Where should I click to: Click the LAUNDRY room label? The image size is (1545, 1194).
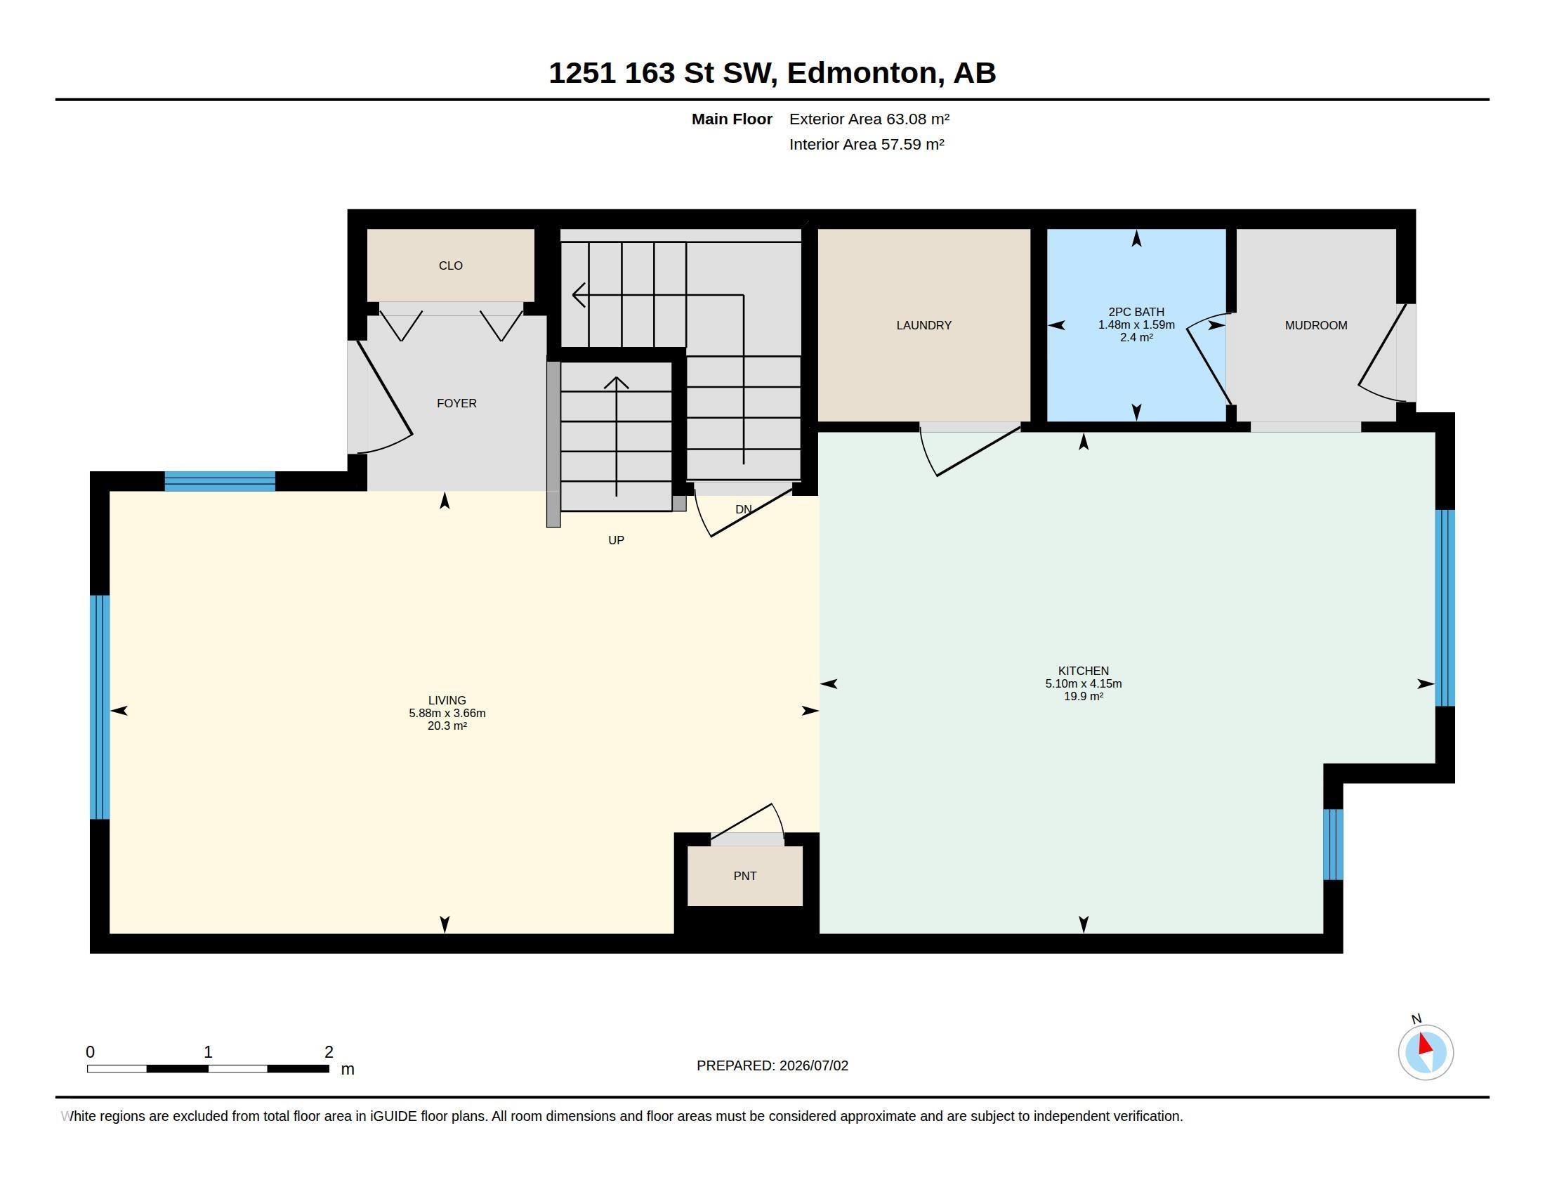point(923,325)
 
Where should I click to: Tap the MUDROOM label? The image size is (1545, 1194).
point(1316,325)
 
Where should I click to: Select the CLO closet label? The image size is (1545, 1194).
point(451,266)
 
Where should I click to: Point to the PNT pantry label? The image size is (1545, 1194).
point(745,876)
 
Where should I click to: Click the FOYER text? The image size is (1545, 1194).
point(456,403)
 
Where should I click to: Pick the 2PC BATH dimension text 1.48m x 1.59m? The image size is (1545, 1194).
point(1136,324)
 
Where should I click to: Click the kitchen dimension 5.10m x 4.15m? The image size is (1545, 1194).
point(1083,683)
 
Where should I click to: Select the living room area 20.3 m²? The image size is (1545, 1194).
point(447,726)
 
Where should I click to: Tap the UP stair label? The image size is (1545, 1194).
point(616,540)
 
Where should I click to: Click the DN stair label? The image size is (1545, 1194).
point(743,509)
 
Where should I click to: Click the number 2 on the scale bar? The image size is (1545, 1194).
point(329,1052)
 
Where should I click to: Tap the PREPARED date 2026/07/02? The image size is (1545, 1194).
point(813,1065)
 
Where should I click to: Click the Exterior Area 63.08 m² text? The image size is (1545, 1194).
point(869,119)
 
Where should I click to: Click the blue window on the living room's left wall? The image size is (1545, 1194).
point(100,707)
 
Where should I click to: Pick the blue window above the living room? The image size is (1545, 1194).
point(220,481)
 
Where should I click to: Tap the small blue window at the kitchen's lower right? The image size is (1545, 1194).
point(1333,844)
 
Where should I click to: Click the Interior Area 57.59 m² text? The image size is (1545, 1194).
point(867,144)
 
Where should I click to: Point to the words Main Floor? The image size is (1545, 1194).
point(732,119)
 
